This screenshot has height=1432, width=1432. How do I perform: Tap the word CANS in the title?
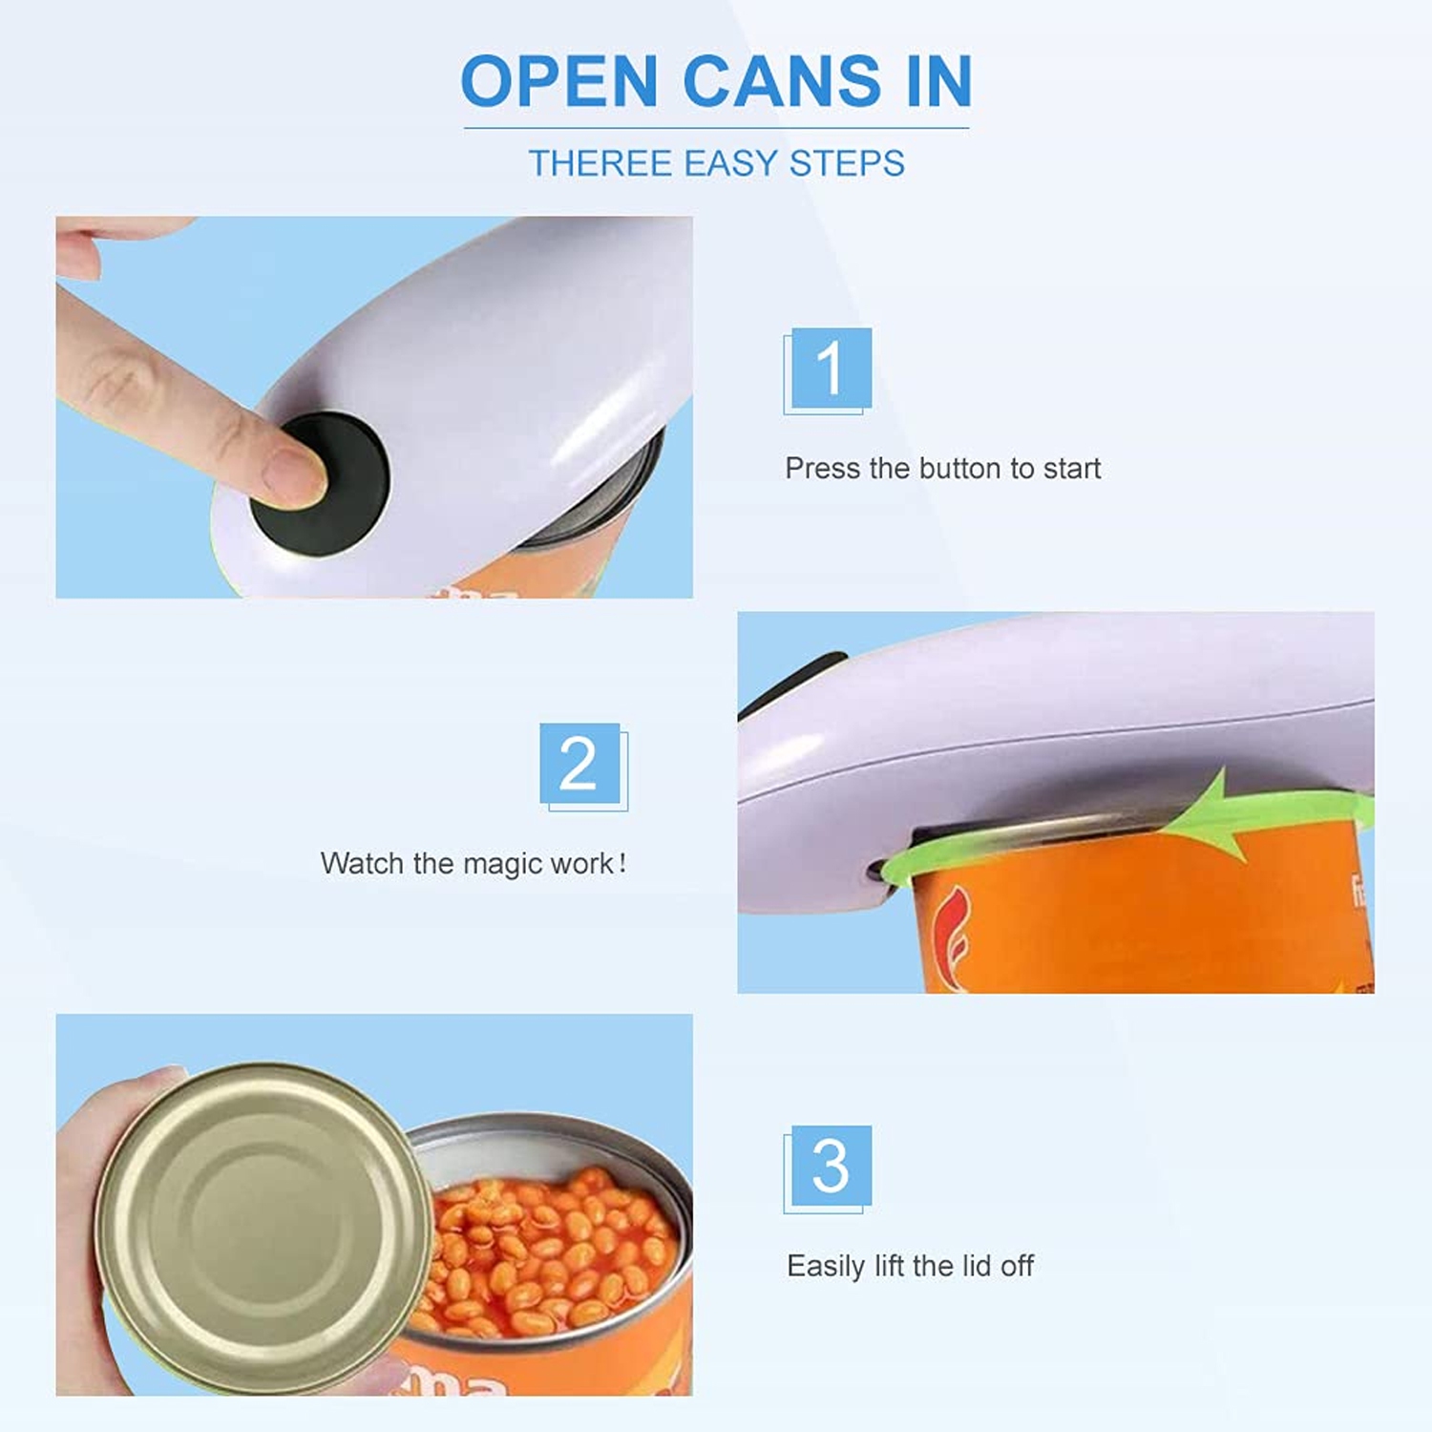click(782, 81)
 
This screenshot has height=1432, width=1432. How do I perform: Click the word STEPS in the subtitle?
click(847, 163)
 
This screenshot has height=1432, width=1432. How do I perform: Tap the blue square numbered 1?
click(831, 368)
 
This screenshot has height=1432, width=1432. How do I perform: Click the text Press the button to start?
click(942, 469)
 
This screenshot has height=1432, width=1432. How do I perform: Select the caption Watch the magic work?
click(474, 864)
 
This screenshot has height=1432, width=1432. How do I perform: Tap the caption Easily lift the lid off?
click(910, 1266)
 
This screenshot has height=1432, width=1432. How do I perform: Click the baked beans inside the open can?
click(554, 1251)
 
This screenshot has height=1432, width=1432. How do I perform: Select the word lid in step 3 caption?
click(976, 1266)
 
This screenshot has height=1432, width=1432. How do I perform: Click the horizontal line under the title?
click(716, 128)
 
